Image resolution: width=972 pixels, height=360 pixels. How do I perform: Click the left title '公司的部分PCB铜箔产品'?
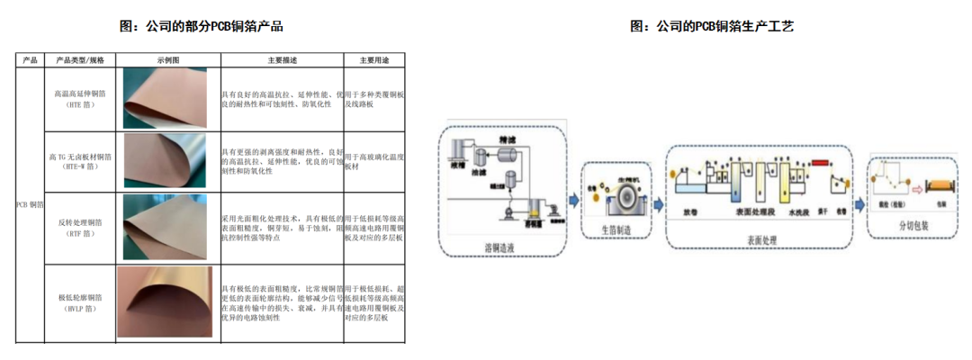[202, 26]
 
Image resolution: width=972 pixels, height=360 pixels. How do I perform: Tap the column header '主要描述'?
[282, 60]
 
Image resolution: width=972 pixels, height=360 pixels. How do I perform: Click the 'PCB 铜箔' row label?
[30, 204]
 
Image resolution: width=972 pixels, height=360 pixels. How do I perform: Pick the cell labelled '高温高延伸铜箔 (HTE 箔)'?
[80, 99]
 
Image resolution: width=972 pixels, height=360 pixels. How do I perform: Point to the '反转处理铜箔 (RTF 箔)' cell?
[80, 226]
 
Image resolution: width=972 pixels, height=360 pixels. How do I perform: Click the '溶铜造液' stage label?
[501, 246]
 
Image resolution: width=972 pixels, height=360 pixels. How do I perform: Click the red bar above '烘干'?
[820, 164]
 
